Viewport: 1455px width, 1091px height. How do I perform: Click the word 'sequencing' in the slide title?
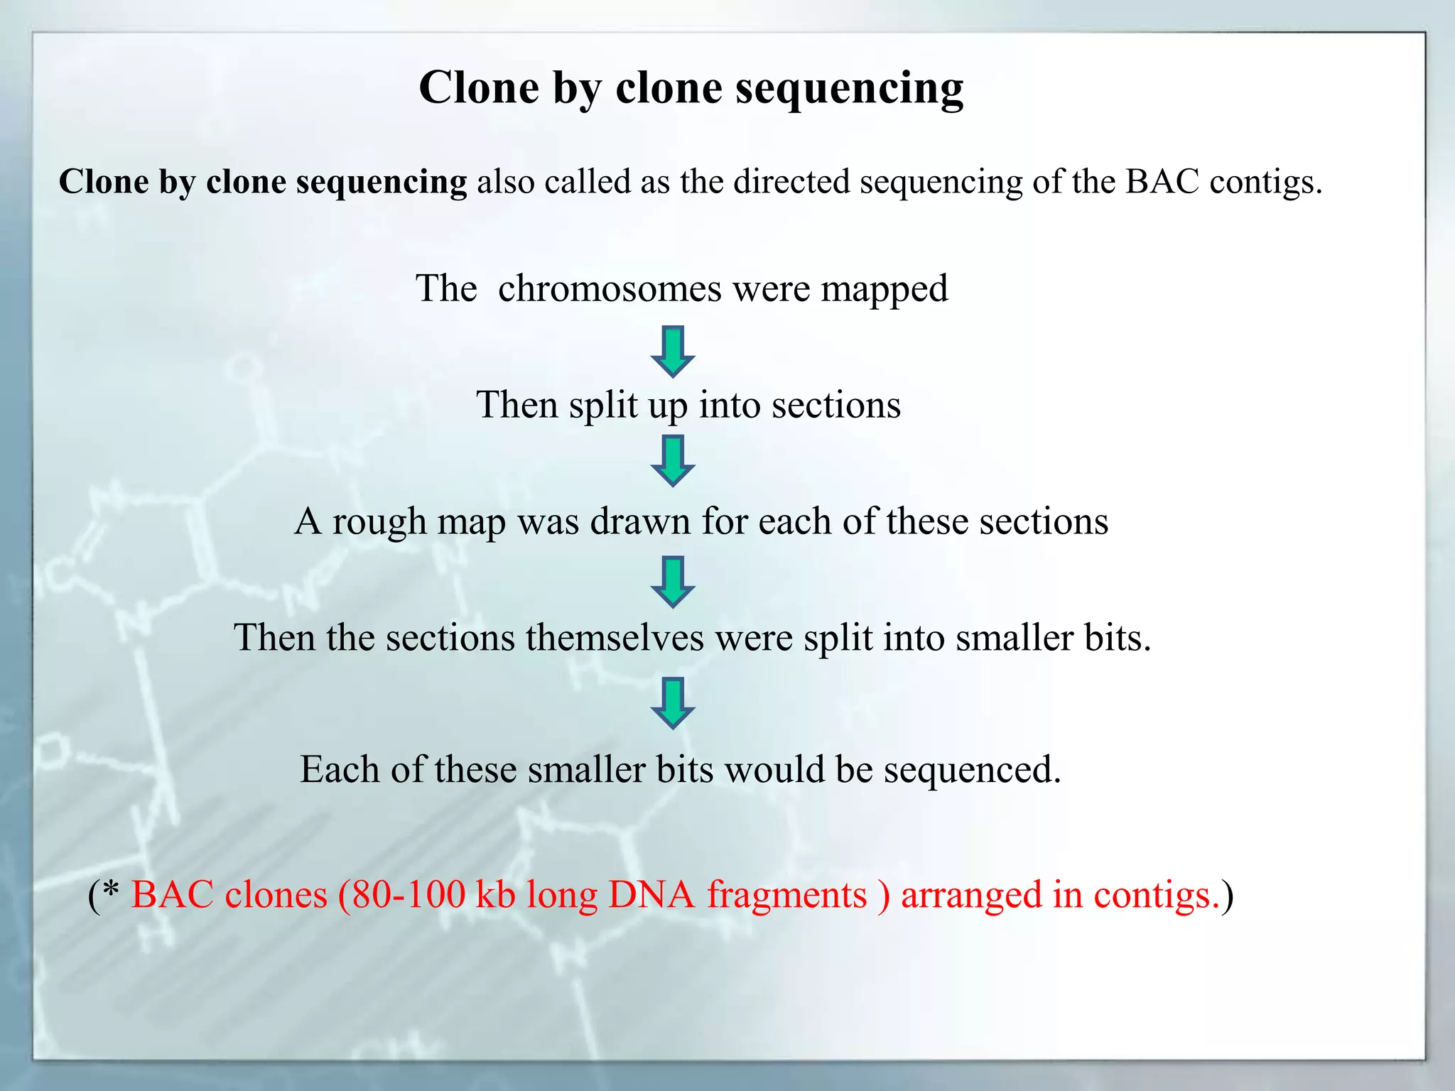[x=849, y=89]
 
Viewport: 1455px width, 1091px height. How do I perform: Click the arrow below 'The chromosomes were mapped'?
[x=672, y=351]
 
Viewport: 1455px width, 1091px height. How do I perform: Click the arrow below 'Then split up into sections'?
[x=672, y=461]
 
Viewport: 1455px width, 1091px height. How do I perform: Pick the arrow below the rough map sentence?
[x=672, y=582]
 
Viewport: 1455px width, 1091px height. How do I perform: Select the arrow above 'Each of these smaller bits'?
[x=672, y=702]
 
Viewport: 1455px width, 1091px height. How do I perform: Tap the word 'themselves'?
[x=615, y=637]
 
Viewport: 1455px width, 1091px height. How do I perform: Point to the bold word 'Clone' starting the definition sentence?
[x=104, y=182]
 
